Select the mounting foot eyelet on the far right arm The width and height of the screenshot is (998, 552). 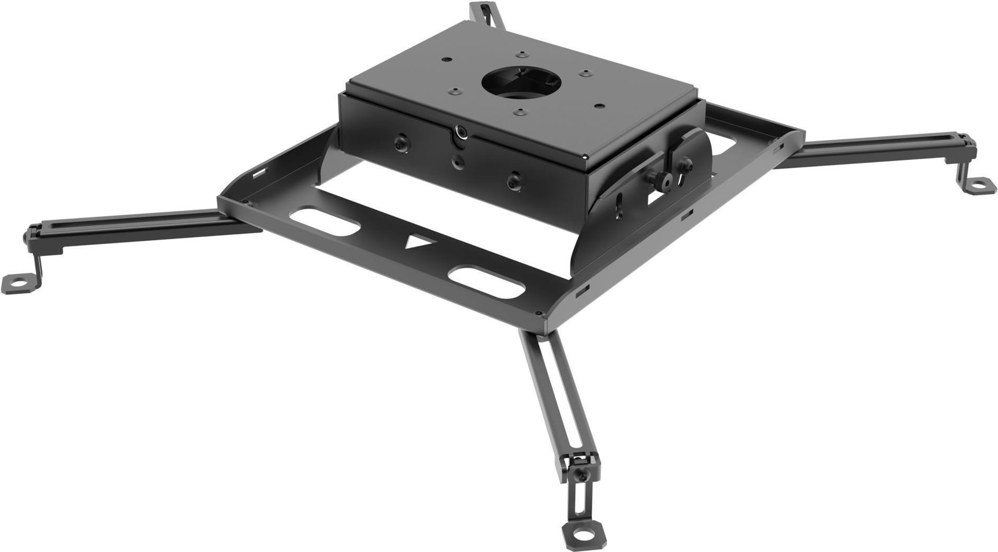(980, 185)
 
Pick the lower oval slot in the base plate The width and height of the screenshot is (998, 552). (486, 279)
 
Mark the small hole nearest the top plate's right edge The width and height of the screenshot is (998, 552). (599, 104)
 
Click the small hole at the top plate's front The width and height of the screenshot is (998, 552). (520, 112)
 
